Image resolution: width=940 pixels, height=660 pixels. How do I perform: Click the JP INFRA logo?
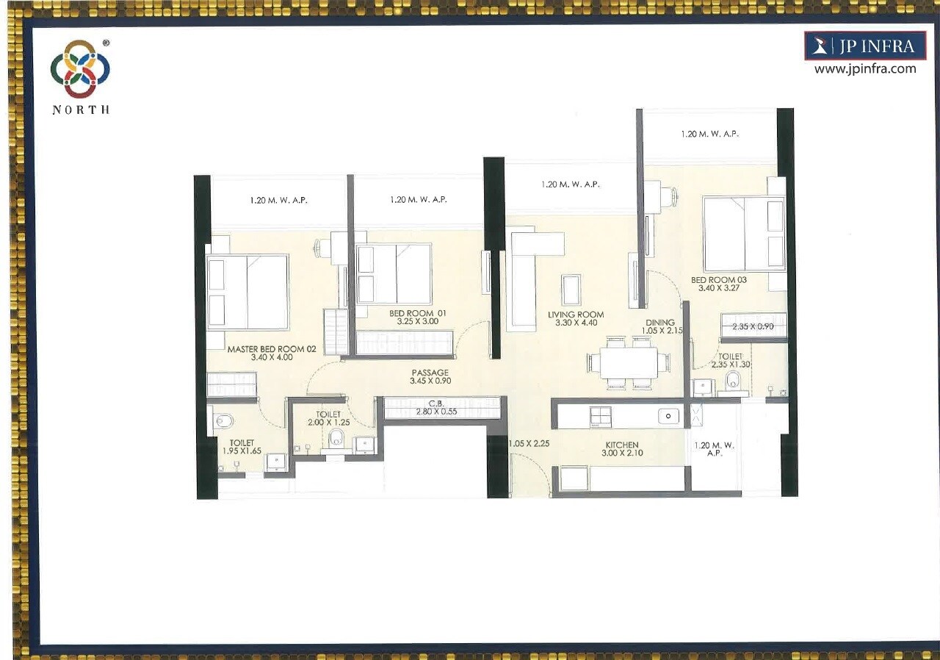[864, 46]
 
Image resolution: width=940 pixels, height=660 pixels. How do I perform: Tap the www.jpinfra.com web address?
[864, 69]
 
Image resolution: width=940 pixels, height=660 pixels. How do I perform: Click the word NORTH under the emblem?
[81, 110]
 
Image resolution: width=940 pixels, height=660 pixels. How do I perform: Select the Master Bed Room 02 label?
[271, 353]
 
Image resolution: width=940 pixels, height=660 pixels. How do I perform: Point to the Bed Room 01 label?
[417, 317]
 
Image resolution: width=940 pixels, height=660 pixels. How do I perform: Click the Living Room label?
[576, 318]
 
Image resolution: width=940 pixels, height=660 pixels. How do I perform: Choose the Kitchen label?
[621, 449]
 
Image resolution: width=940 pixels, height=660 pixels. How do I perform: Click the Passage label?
[430, 376]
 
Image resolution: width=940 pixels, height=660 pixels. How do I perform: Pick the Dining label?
[660, 326]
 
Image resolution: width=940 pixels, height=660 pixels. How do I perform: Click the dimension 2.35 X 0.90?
[753, 326]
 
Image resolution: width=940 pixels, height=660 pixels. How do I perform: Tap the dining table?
[628, 362]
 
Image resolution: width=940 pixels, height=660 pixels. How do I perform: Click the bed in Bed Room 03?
[743, 234]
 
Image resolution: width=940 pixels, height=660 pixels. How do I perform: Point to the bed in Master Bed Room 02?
[247, 292]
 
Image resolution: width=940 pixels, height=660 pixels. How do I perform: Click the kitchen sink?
[668, 417]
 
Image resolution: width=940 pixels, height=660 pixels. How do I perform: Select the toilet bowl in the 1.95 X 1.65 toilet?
[223, 421]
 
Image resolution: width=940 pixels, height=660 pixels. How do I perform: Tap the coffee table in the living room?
[571, 289]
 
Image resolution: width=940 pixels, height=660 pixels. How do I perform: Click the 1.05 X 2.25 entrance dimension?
[529, 443]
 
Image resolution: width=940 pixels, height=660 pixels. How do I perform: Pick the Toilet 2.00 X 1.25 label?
[328, 419]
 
